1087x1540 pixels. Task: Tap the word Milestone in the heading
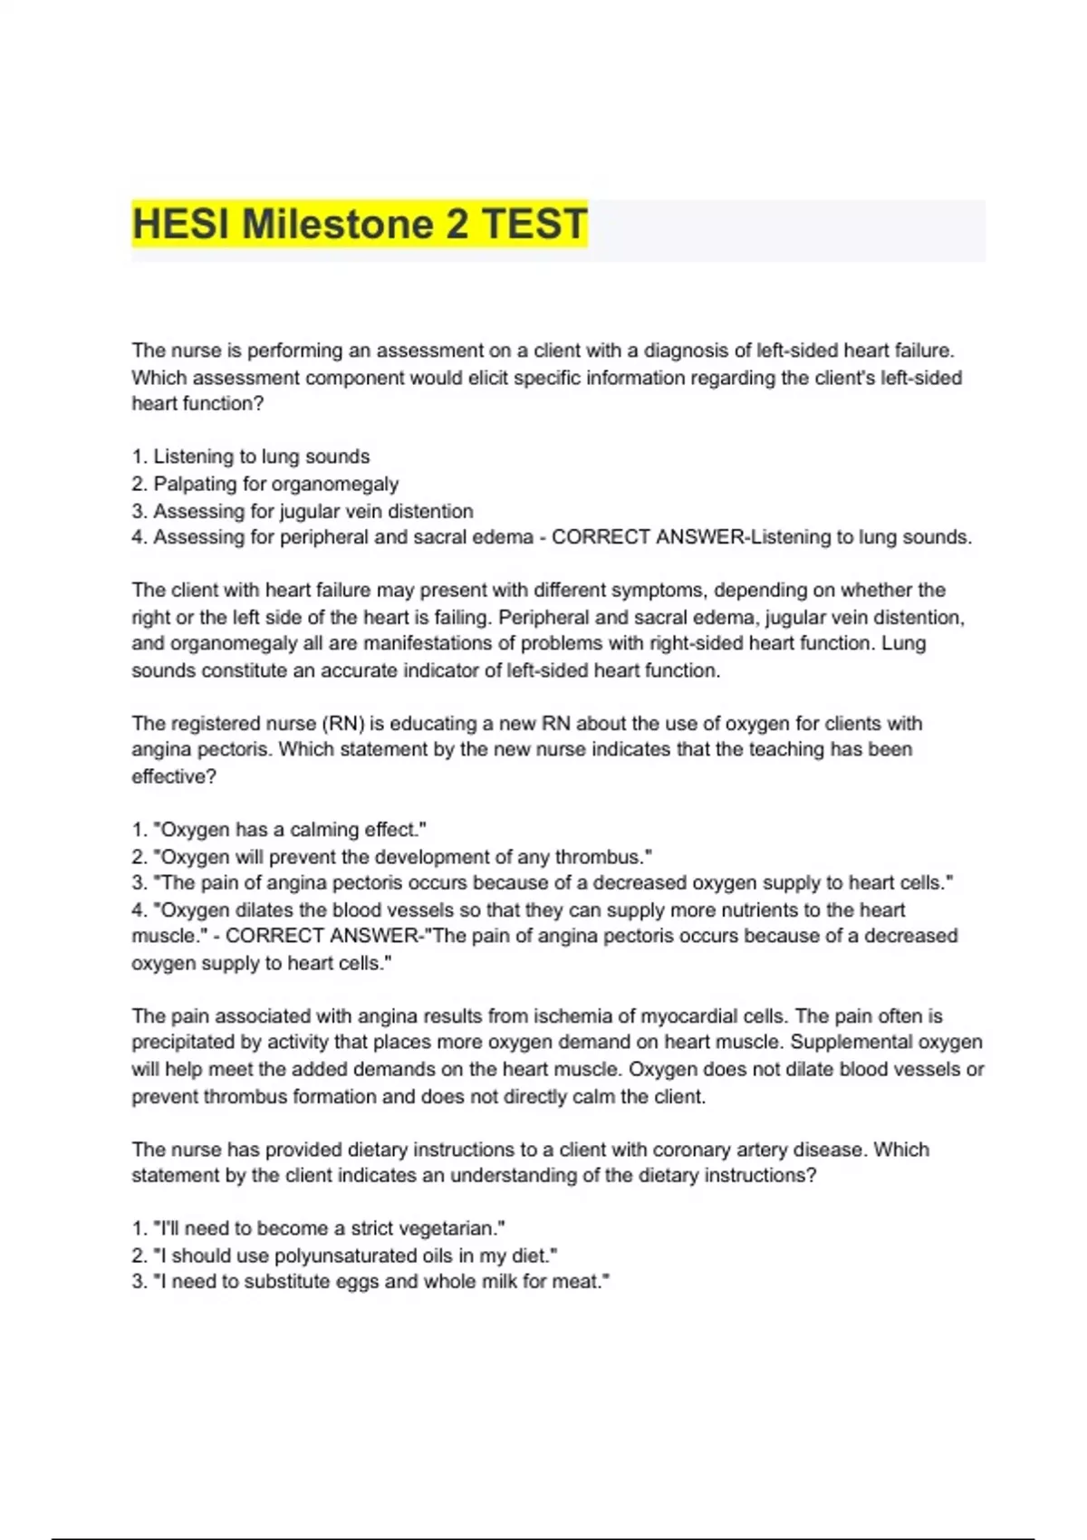[337, 224]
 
